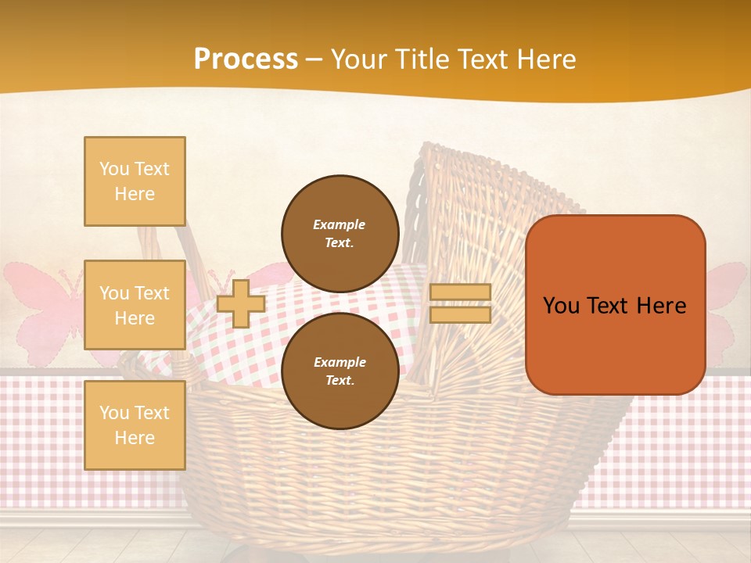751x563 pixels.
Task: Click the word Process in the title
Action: click(246, 59)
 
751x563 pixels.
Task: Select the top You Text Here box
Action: click(135, 181)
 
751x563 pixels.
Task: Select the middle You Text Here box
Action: click(135, 305)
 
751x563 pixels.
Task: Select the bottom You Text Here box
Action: click(135, 425)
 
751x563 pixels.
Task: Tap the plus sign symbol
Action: click(241, 304)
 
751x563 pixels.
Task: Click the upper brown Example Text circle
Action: click(340, 234)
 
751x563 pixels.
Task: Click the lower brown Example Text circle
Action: click(340, 371)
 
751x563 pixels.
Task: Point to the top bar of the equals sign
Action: click(461, 292)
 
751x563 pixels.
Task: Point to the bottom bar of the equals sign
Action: click(461, 314)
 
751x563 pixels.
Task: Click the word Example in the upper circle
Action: click(340, 224)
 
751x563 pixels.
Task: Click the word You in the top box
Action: click(114, 169)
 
